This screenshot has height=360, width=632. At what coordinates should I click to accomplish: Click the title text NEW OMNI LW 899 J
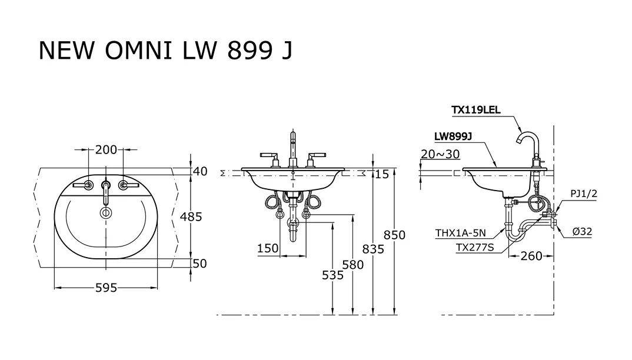165,51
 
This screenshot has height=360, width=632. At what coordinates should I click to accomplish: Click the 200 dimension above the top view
106,150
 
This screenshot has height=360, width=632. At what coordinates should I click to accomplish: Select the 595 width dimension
106,288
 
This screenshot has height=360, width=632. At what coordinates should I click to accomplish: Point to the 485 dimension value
191,217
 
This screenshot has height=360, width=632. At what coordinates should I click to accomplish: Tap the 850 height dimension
394,235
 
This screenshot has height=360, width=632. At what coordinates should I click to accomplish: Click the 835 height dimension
372,249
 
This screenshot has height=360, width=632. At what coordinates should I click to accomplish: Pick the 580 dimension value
353,265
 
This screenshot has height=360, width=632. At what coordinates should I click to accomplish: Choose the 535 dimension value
332,275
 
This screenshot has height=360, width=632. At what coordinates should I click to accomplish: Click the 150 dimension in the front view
268,249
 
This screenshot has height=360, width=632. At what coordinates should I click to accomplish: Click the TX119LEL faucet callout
475,109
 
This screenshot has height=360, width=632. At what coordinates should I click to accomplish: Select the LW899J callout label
454,136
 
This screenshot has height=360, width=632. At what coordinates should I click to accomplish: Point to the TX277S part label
474,248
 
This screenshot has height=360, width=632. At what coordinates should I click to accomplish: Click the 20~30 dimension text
440,154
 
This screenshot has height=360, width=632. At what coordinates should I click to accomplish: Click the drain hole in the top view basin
106,212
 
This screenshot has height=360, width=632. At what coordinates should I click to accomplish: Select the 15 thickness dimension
382,175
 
